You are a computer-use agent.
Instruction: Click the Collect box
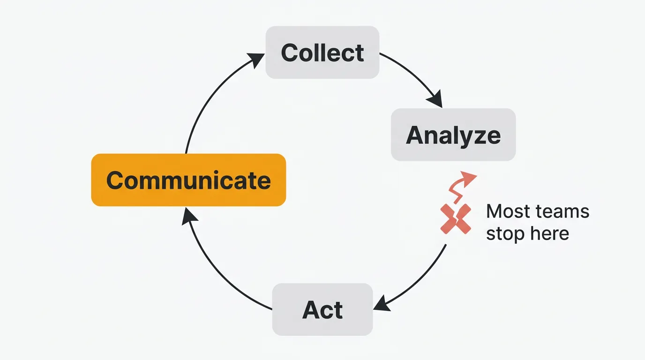[322, 52]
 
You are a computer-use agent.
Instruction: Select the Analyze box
[453, 135]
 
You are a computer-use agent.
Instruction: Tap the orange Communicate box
[188, 180]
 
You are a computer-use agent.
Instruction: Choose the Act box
[322, 309]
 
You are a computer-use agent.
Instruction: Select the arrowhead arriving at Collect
[256, 60]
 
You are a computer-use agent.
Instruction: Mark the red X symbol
[455, 218]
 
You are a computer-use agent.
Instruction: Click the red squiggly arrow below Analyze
[462, 184]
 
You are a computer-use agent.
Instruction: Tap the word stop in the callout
[504, 233]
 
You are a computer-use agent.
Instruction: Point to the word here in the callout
[548, 233]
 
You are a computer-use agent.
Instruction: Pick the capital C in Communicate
[116, 180]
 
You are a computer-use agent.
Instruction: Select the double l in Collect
[318, 52]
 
